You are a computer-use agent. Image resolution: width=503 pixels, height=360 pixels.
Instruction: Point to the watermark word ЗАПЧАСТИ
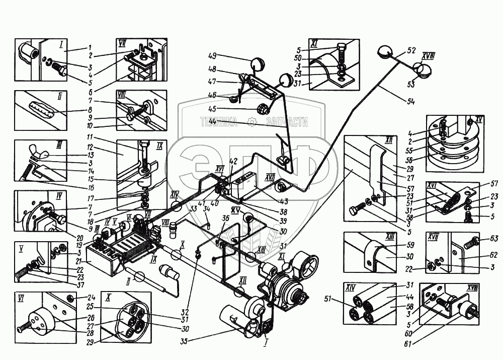coord(286,122)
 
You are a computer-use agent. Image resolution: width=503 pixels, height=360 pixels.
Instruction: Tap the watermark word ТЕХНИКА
coord(219,122)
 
